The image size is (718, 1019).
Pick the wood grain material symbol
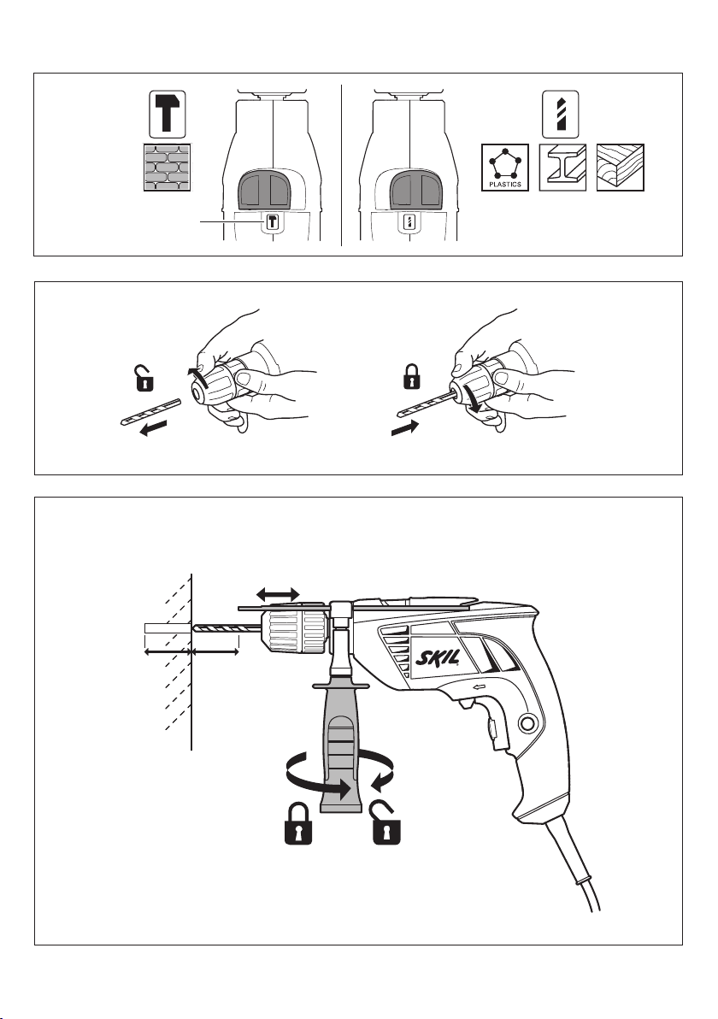tap(621, 168)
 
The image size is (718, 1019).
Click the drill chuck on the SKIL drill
tap(294, 633)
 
